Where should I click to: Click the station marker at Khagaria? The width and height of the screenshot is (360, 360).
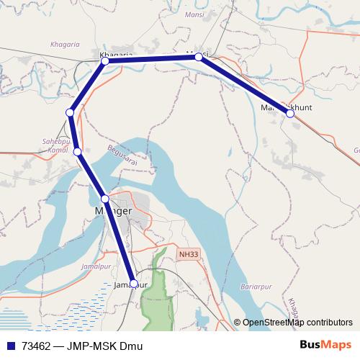point(105,61)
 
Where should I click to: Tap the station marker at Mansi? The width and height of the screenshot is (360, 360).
point(199,56)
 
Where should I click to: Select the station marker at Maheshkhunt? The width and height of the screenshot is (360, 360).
point(290,114)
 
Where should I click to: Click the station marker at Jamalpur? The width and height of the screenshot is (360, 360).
point(133,284)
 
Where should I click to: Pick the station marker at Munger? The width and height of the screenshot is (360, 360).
point(105,199)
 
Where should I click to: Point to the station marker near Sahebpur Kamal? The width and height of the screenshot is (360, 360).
point(77,152)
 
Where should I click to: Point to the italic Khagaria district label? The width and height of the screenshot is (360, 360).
point(66,45)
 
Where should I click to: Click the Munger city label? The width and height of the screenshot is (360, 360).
point(114,210)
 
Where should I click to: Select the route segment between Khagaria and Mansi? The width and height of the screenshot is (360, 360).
point(151,59)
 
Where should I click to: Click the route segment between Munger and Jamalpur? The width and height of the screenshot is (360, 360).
point(119,241)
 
